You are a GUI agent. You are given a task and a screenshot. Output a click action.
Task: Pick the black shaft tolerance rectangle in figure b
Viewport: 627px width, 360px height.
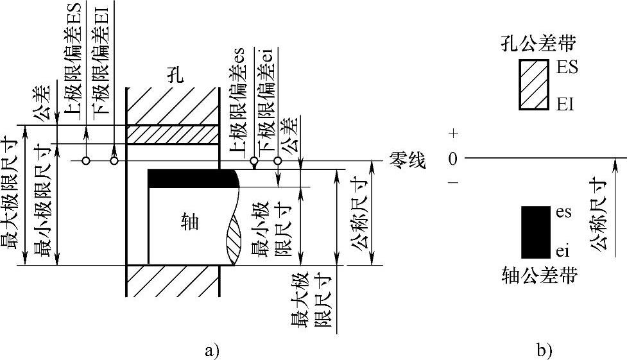535,232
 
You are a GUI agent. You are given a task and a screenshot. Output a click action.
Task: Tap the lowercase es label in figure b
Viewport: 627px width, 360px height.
563,212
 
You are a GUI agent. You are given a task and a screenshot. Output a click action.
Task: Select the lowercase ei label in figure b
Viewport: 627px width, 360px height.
562,250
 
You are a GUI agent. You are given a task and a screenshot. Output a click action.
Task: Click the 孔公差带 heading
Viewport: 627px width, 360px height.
538,44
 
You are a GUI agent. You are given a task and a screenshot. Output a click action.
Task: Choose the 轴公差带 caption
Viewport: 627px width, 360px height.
538,277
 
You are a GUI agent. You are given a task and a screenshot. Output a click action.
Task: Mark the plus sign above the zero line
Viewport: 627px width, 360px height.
454,133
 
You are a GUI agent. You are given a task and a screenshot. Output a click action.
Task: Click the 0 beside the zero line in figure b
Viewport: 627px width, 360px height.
453,158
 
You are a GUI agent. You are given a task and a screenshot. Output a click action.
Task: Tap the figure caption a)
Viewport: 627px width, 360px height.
210,350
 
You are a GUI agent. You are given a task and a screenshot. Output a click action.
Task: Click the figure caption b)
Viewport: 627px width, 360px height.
543,350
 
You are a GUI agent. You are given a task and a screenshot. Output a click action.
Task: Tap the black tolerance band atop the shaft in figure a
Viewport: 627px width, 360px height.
192,178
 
